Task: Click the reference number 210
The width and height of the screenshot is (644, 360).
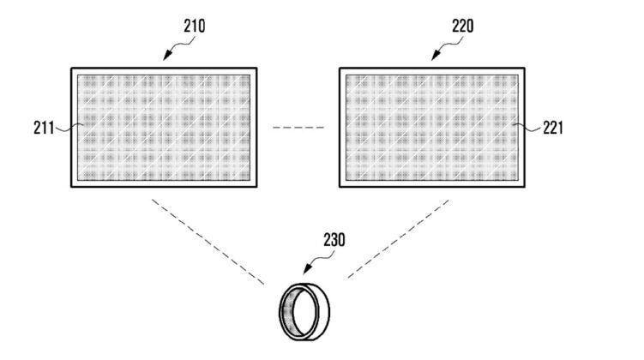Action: click(195, 26)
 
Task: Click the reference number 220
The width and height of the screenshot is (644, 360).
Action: click(463, 26)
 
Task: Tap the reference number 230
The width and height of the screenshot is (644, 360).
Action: click(334, 240)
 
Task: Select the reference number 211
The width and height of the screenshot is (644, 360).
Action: click(44, 128)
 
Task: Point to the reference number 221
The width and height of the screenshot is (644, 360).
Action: click(553, 128)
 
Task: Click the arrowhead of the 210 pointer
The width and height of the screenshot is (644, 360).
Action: click(166, 56)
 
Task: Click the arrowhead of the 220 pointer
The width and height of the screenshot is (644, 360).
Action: click(435, 56)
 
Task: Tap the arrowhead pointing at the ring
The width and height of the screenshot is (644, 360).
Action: click(307, 269)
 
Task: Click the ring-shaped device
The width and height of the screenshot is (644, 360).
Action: click(304, 311)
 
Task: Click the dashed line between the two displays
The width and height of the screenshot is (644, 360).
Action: click(298, 128)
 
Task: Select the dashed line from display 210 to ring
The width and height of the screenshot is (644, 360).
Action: click(208, 242)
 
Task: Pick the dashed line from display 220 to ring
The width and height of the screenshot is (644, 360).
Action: click(398, 239)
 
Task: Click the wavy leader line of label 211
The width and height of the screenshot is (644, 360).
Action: click(69, 128)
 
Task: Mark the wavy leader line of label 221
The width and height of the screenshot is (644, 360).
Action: click(527, 128)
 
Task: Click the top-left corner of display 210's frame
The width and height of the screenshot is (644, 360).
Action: click(71, 68)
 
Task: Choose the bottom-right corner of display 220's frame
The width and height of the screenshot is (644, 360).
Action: click(525, 187)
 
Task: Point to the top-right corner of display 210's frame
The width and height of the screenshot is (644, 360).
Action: click(256, 68)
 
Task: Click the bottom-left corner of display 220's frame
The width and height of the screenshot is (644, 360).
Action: click(340, 187)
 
